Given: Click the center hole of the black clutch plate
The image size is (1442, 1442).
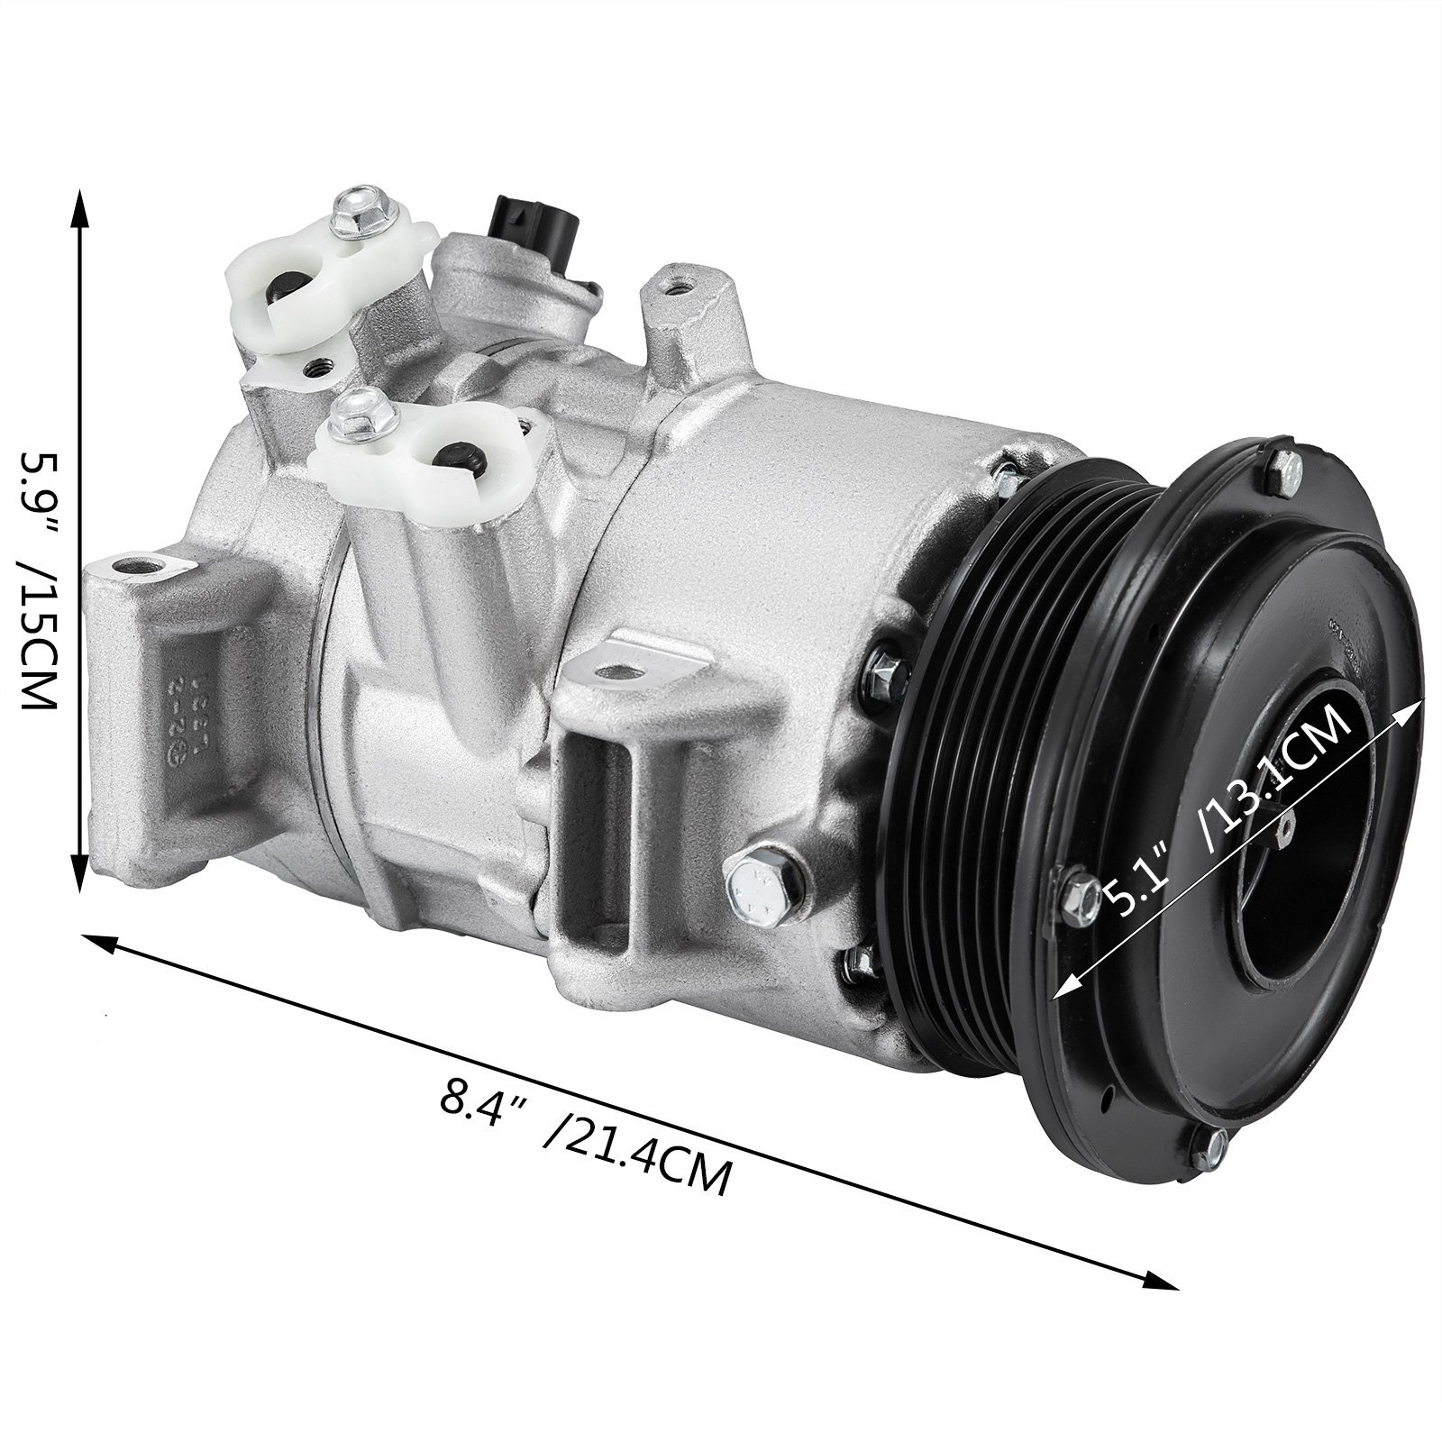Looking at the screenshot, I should click(x=1298, y=829).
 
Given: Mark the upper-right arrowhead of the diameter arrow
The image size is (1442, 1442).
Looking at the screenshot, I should click(x=1406, y=707).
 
